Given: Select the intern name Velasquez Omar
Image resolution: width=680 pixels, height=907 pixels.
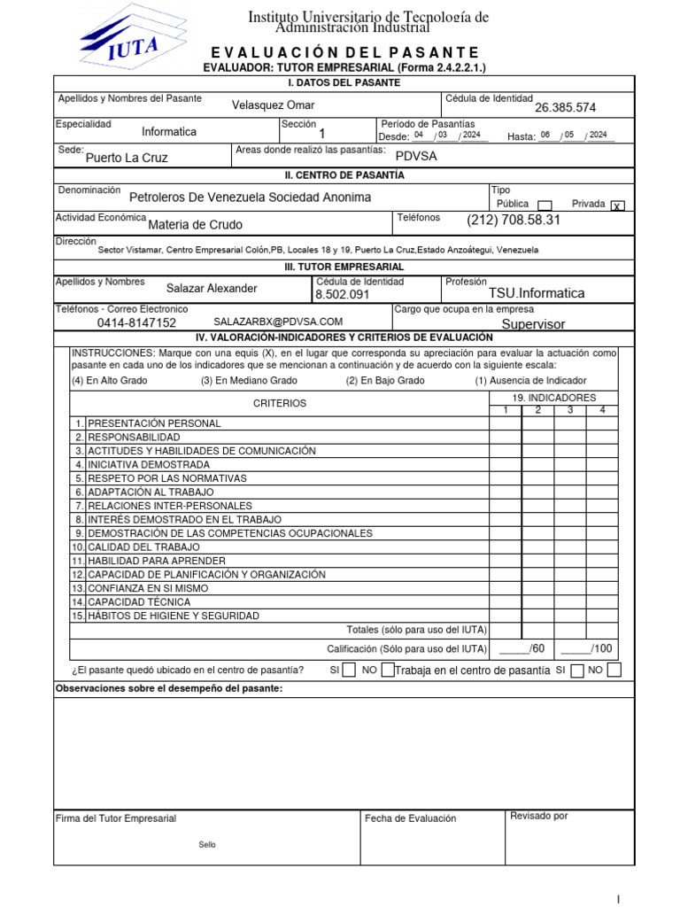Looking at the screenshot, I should (273, 105).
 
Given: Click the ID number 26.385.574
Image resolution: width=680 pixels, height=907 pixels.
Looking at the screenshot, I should (565, 108).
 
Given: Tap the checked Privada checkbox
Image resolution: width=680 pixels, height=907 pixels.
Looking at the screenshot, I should (617, 205).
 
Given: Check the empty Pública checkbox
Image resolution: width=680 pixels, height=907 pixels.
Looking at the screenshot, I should (545, 205).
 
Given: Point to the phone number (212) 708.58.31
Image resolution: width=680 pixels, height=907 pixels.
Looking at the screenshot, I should (514, 219).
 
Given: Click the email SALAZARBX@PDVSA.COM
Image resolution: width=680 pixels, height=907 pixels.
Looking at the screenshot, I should (278, 322).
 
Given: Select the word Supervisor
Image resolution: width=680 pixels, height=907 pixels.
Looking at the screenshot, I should (533, 324).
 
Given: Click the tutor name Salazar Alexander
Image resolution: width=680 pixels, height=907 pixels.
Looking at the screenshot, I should (212, 288).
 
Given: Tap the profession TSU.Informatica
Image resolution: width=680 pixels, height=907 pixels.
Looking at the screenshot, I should (537, 293).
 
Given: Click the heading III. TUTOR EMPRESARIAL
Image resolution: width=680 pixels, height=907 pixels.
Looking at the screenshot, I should (344, 267).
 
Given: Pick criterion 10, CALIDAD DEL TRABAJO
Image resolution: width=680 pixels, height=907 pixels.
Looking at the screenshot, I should (144, 547).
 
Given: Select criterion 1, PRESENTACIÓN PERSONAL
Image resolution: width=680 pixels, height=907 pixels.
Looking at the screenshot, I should (154, 423).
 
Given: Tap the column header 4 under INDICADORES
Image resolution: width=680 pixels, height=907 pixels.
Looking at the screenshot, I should (602, 410).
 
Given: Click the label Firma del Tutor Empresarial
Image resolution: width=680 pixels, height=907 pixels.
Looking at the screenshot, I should (116, 818).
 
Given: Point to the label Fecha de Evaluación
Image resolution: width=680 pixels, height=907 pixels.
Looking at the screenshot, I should (410, 818).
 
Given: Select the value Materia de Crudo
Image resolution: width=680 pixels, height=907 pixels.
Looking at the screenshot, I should (195, 224).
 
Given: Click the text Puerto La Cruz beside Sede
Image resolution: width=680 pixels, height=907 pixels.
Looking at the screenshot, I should (126, 158).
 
